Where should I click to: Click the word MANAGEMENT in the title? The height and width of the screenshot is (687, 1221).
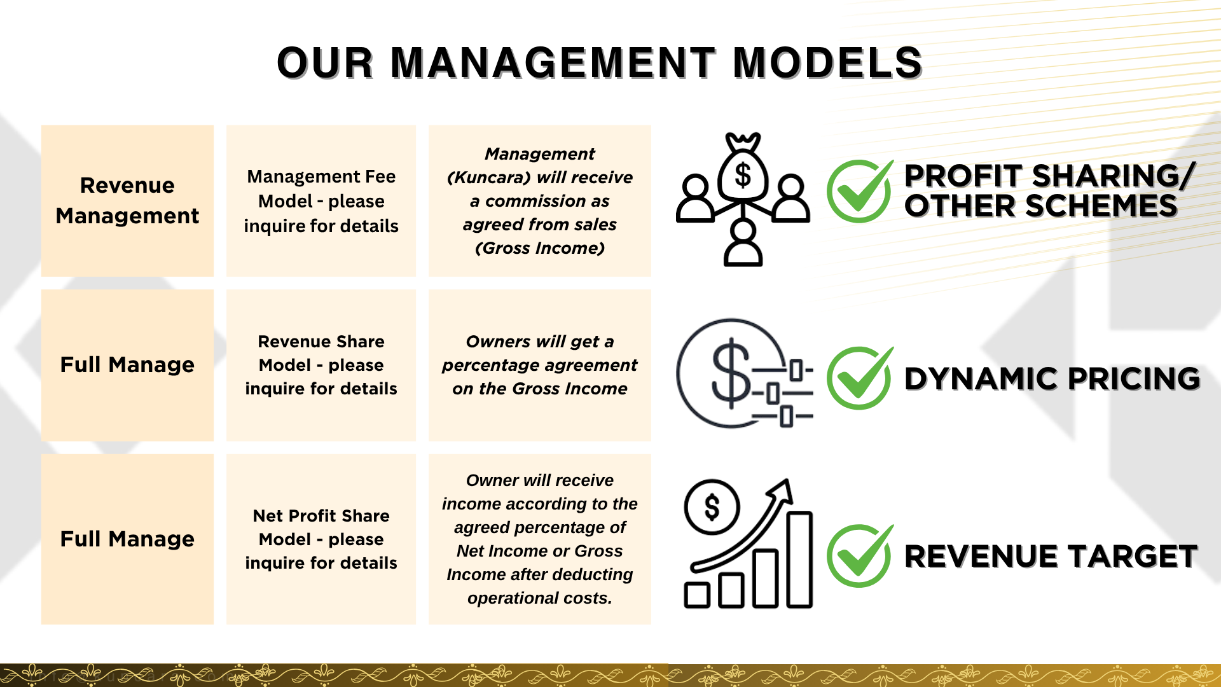(x=553, y=63)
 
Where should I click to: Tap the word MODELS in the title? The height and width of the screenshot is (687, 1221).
(x=827, y=63)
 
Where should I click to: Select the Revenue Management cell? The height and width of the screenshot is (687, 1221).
(x=127, y=200)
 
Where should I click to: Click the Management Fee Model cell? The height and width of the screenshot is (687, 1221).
(x=321, y=200)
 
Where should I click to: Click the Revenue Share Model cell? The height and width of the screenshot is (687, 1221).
(x=321, y=365)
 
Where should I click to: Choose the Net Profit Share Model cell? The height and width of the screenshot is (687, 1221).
(x=321, y=539)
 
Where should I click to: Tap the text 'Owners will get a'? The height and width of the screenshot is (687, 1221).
(x=540, y=342)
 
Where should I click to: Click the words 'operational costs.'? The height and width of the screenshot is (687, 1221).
(x=540, y=598)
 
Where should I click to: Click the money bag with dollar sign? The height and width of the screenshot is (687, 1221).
(x=743, y=172)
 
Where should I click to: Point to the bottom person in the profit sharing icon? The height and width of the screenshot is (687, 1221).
(x=743, y=245)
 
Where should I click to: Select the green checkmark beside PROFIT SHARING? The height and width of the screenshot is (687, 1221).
(x=859, y=190)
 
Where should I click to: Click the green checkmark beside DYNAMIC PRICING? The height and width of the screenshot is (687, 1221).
(x=859, y=378)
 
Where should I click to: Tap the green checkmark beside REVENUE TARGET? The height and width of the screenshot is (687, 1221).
(x=859, y=555)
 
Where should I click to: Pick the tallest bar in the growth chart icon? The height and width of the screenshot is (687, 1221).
(x=799, y=560)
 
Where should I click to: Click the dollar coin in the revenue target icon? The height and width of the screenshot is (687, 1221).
(x=712, y=508)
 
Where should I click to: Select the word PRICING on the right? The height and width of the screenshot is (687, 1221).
(x=1134, y=379)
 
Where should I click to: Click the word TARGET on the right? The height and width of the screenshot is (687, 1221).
(x=1134, y=557)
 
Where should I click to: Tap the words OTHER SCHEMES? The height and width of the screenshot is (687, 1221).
(x=1041, y=206)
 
